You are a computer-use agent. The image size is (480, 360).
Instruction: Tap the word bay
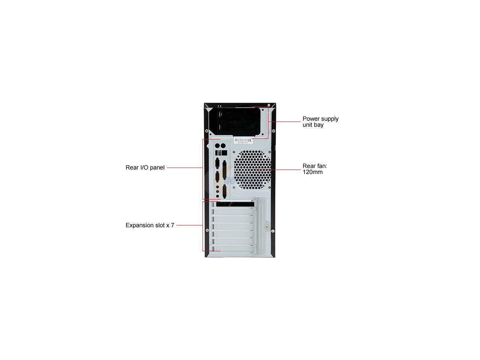pyautogui.click(x=318, y=125)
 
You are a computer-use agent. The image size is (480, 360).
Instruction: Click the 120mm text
pyautogui.click(x=312, y=172)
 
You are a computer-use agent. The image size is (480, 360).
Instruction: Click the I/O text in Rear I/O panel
pyautogui.click(x=144, y=168)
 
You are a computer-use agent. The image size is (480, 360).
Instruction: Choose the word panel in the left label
pyautogui.click(x=157, y=168)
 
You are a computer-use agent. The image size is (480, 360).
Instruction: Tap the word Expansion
pyautogui.click(x=139, y=225)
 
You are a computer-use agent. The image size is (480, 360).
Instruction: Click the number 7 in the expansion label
pyautogui.click(x=172, y=225)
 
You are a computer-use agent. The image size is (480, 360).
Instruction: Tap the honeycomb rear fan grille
pyautogui.click(x=252, y=169)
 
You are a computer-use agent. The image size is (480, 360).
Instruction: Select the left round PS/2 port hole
pyautogui.click(x=217, y=145)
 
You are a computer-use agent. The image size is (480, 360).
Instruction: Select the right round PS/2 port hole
pyautogui.click(x=223, y=145)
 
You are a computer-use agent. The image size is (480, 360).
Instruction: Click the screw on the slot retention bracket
pyautogui.click(x=267, y=225)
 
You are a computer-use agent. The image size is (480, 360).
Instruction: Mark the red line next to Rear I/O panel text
pyautogui.click(x=184, y=168)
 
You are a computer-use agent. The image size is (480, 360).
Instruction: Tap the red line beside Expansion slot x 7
pyautogui.click(x=189, y=225)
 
